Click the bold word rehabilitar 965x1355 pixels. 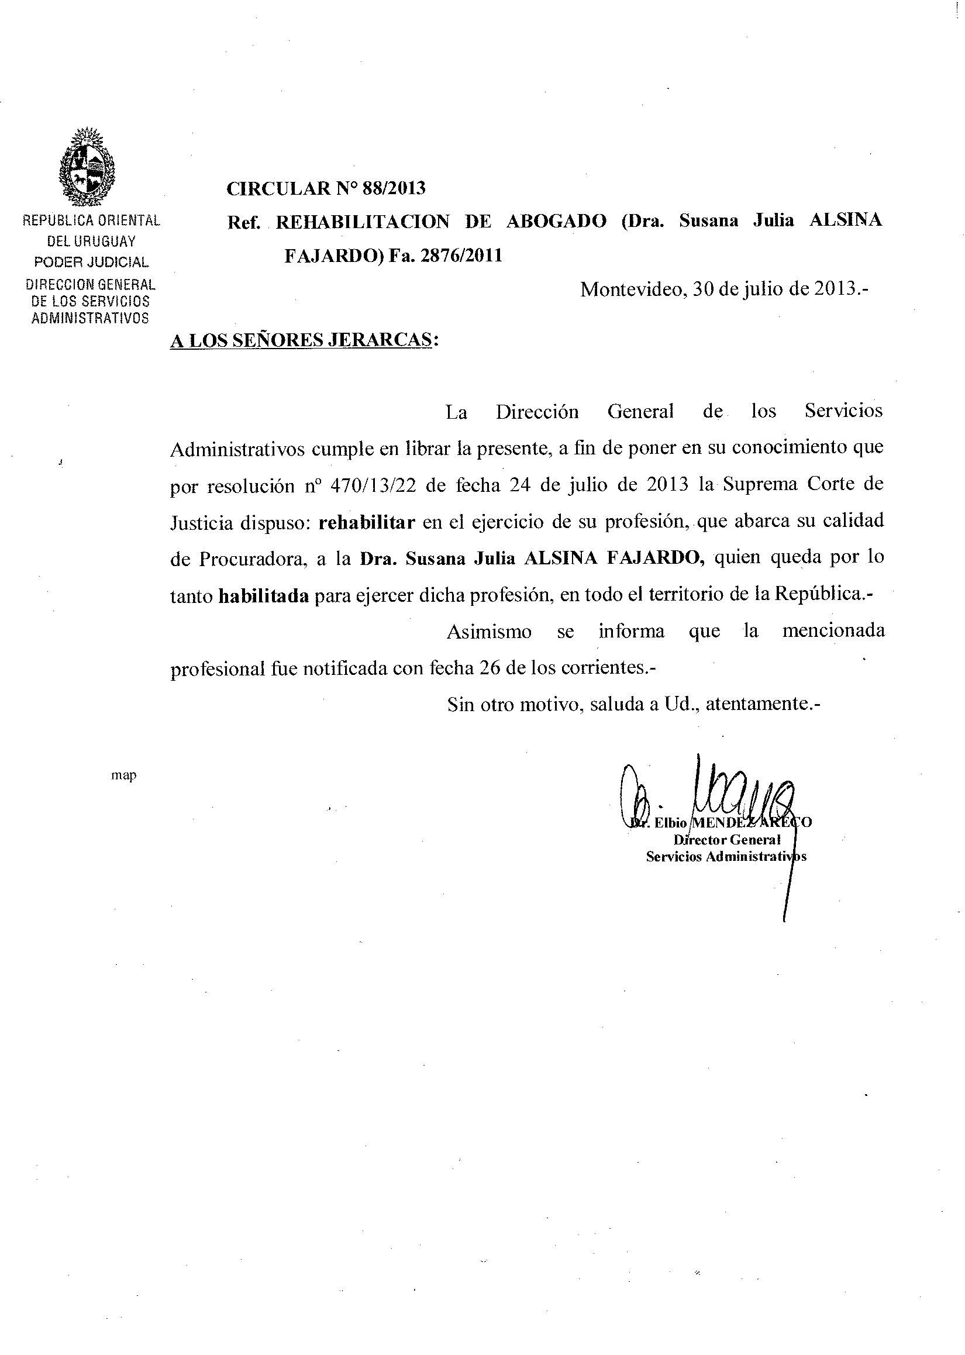tap(367, 522)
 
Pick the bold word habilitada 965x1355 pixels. tap(264, 596)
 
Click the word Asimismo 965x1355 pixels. tap(488, 632)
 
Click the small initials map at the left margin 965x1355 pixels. tap(123, 775)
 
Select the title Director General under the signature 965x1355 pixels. tap(727, 840)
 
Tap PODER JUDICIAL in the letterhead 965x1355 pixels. tap(91, 262)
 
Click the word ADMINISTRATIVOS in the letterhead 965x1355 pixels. tap(90, 318)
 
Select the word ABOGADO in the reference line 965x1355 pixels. tap(556, 222)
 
